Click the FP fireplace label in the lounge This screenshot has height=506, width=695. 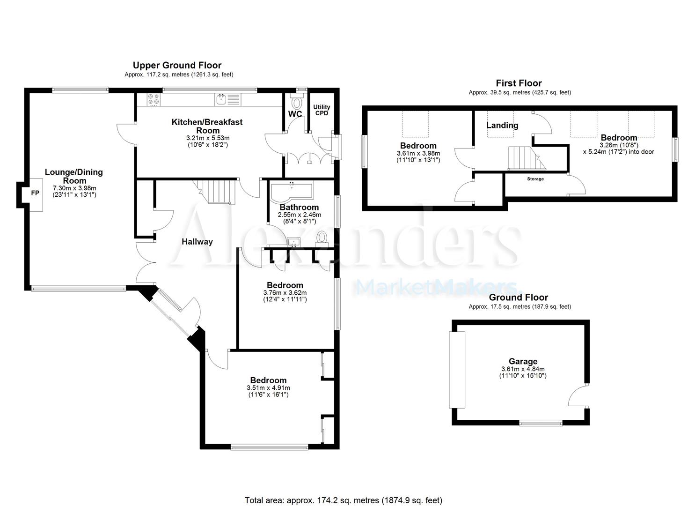tap(35, 193)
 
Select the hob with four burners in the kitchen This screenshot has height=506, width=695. tap(154, 100)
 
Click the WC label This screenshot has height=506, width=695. tap(295, 114)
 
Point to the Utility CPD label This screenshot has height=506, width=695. tap(322, 110)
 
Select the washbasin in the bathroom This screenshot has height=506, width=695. tap(294, 242)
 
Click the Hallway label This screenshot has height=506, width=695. tap(197, 242)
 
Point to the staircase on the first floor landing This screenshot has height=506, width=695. tap(521, 158)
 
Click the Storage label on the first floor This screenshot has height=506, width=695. tap(535, 179)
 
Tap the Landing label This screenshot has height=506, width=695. tap(502, 125)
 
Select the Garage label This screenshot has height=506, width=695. tap(523, 361)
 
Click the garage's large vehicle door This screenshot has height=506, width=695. tap(457, 370)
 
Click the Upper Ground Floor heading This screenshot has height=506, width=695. tap(177, 65)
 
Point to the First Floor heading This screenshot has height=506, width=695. tap(519, 83)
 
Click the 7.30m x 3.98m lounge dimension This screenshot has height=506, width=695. tap(74, 188)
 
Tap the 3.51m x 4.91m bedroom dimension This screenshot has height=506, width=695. tap(268, 388)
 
